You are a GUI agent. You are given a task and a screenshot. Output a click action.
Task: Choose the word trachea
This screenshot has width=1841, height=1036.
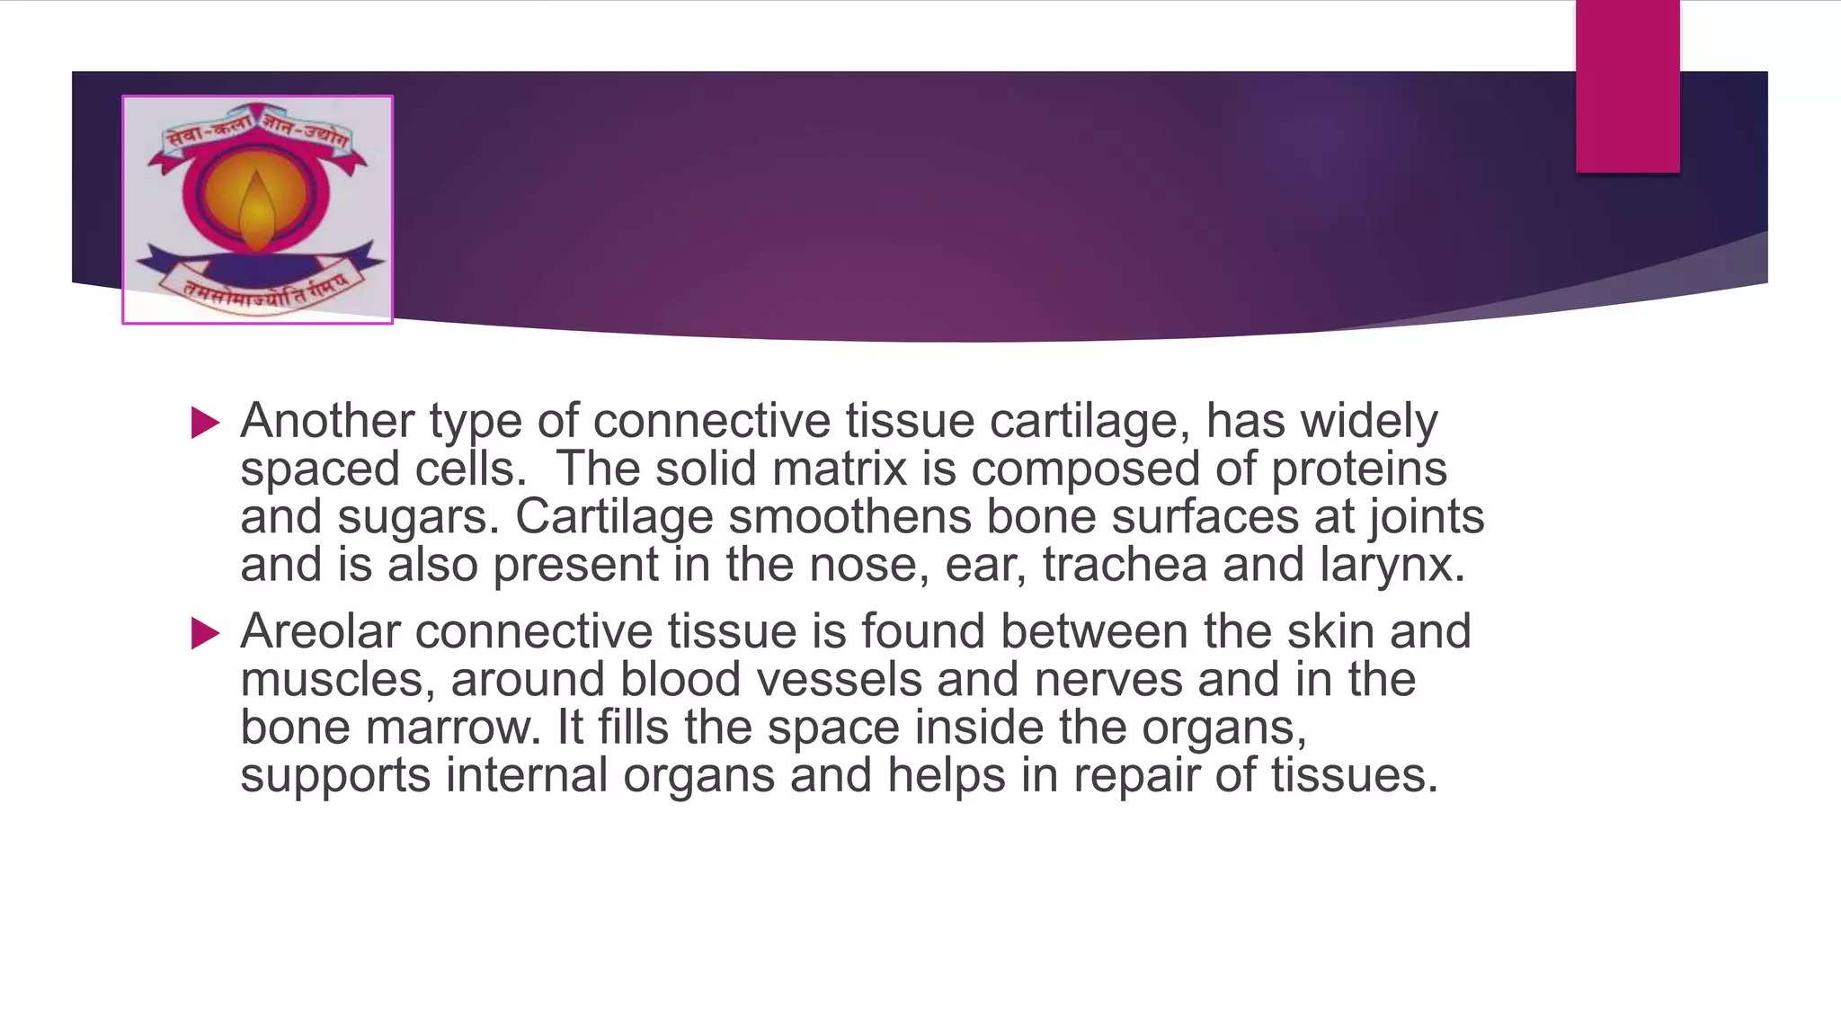point(1124,565)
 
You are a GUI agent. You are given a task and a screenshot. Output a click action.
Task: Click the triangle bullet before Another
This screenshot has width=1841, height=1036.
point(206,422)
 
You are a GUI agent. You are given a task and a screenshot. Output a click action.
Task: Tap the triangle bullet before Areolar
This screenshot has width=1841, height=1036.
point(206,633)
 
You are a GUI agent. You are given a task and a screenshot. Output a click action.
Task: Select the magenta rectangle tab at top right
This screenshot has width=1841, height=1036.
point(1627,86)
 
